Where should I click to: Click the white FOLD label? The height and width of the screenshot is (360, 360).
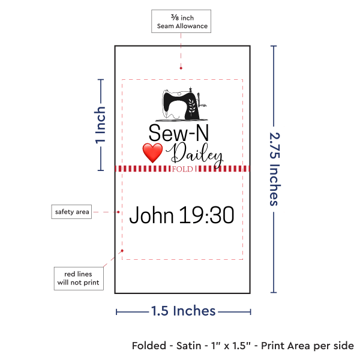click(x=182, y=169)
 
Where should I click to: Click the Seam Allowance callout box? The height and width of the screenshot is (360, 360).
click(x=181, y=21)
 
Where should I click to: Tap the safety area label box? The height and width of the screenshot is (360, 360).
click(x=71, y=212)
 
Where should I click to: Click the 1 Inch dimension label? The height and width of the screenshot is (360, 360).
click(x=100, y=125)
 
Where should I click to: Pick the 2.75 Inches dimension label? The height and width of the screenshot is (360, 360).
click(x=275, y=169)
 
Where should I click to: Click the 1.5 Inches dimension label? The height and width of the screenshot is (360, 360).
click(x=183, y=311)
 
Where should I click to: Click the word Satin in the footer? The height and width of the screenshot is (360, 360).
click(x=195, y=346)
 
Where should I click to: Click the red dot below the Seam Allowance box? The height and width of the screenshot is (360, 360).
click(x=179, y=68)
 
